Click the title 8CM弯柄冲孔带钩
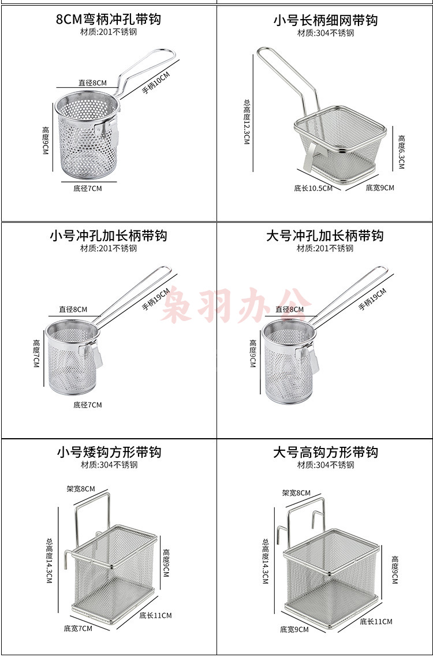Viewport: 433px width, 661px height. pyautogui.click(x=109, y=19)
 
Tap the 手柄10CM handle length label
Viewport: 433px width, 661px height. pyautogui.click(x=155, y=83)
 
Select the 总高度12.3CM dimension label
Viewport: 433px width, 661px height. pyautogui.click(x=247, y=122)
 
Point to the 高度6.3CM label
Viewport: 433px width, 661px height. pyautogui.click(x=401, y=152)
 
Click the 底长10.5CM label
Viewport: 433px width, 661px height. pyautogui.click(x=313, y=188)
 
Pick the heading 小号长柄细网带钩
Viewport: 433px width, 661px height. pyautogui.click(x=325, y=20)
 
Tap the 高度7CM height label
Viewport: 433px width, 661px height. pyautogui.click(x=37, y=353)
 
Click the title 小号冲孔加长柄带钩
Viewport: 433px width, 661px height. pyautogui.click(x=109, y=235)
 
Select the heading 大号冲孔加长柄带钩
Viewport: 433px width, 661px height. pyautogui.click(x=324, y=235)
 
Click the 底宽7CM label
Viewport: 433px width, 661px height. pyautogui.click(x=78, y=629)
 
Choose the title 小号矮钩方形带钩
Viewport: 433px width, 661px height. pyautogui.click(x=109, y=452)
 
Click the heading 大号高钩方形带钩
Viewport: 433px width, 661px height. pyautogui.click(x=325, y=452)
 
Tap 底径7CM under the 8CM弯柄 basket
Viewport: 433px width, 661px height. pyautogui.click(x=88, y=188)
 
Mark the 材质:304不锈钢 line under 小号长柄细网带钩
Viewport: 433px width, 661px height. pyautogui.click(x=326, y=33)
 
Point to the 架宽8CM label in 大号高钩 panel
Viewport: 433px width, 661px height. pyautogui.click(x=296, y=493)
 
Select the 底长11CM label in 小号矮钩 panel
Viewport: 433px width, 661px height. pyautogui.click(x=155, y=615)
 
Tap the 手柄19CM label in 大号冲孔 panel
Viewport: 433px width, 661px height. pyautogui.click(x=372, y=299)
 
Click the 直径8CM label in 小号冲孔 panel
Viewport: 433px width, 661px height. pyautogui.click(x=73, y=309)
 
